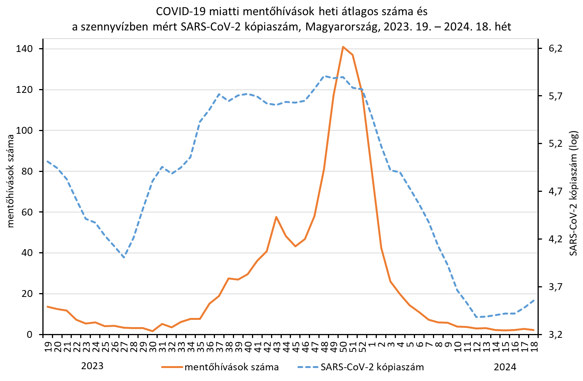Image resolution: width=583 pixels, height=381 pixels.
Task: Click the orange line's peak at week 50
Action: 343,47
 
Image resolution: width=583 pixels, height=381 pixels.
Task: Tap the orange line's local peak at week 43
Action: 276,217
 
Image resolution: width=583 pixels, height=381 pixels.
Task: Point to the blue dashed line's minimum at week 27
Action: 124,258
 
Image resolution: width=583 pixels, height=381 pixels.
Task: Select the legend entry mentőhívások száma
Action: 231,367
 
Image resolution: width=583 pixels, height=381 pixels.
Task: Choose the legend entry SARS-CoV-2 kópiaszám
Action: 372,367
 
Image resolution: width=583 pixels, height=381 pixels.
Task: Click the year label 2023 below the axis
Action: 92,366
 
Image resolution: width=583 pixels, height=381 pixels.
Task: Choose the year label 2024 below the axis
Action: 505,367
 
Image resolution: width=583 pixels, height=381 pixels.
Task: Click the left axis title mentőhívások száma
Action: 11,181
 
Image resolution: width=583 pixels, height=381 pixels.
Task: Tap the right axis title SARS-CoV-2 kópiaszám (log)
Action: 574,193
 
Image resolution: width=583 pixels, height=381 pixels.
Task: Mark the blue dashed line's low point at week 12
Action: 476,317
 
